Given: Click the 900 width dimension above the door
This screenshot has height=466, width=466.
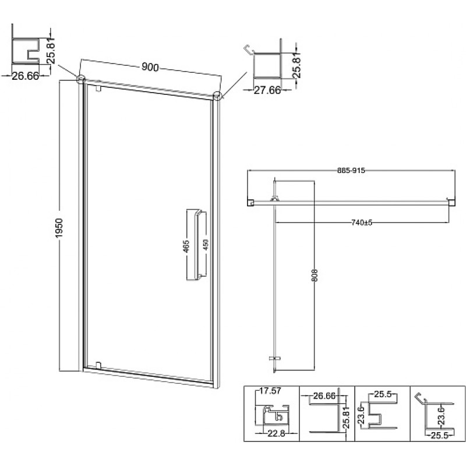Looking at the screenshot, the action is coord(150,67).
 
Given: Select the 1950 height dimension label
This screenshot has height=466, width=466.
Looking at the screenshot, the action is coord(59,228).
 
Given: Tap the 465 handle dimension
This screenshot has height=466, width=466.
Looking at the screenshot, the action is coord(186,246).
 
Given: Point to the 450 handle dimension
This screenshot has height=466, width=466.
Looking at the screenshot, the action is coord(206,245).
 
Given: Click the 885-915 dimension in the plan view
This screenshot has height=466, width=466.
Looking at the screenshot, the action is coord(351,171).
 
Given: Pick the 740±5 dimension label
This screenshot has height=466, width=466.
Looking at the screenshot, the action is coord(362,223).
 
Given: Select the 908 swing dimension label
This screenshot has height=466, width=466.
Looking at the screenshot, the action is coord(315,276).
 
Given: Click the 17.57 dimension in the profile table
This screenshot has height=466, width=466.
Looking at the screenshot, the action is coord(270,391).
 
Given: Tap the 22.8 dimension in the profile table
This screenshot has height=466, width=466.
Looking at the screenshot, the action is coord(276,433).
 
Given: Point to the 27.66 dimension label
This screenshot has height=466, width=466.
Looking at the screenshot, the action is coord(267,90).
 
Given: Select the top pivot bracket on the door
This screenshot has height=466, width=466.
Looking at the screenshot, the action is coord(98,89).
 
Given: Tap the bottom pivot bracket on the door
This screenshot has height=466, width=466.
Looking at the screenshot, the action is coord(98,365).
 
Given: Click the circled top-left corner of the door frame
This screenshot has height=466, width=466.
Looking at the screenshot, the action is coord(81,79).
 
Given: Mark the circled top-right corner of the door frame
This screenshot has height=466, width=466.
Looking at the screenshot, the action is coord(217,96).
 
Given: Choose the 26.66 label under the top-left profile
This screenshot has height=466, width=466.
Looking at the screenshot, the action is coord(25,76).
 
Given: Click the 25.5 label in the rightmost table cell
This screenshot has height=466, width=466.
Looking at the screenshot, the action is coord(439,436).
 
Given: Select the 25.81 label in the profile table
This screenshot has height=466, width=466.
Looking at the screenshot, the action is coord(346,418).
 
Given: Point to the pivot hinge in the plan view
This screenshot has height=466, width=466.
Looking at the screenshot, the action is coord(274,199).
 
